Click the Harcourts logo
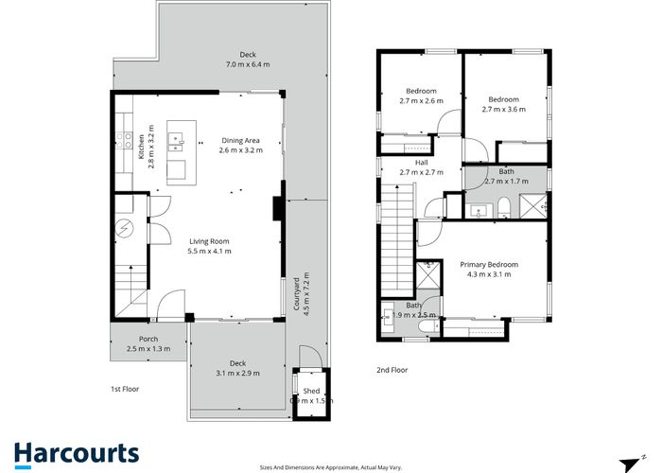coord(77,453)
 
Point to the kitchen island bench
coord(178,151)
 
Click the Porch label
coord(148,339)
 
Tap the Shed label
coord(311,391)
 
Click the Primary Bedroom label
coord(485,264)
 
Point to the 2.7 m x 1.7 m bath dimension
coord(504,180)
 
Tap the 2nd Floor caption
coord(392,370)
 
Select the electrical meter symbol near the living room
coord(127,228)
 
